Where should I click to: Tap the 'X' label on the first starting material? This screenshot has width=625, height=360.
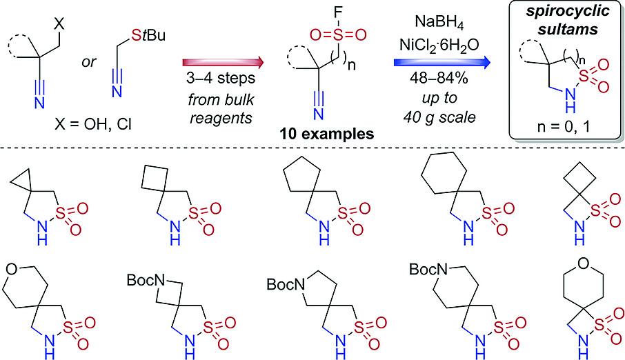(61, 22)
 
